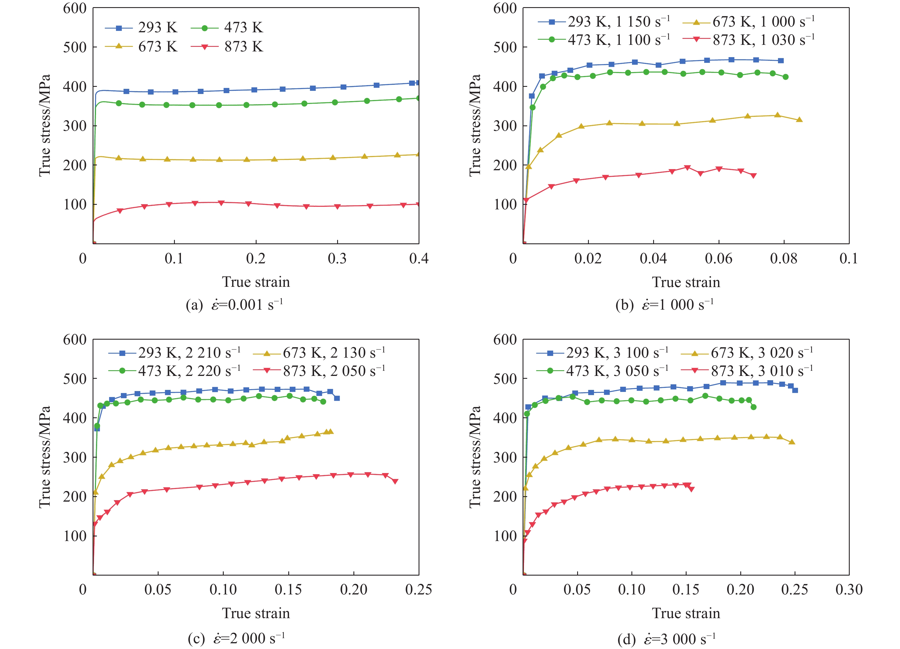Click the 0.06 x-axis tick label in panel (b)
718,259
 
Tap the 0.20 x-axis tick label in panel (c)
353,590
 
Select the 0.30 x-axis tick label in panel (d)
849,590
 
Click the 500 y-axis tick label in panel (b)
505,47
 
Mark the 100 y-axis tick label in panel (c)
75,536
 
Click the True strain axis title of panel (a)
256,282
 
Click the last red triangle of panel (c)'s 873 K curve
395,481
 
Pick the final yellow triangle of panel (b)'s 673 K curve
799,120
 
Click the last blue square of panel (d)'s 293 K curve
795,390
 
